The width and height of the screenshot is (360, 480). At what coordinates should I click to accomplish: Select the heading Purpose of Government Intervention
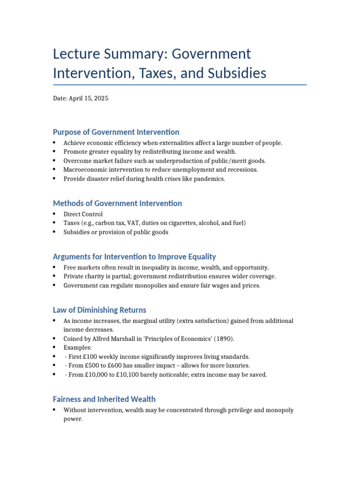[116, 132]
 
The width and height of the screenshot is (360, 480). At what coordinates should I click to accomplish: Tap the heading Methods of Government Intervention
[117, 203]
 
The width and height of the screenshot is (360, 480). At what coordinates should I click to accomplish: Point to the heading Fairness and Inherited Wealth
[104, 399]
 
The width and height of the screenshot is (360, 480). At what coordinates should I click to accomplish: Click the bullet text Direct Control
[83, 214]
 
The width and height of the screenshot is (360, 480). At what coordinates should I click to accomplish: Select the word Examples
[78, 347]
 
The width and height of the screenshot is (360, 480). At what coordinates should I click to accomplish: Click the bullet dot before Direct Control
[55, 214]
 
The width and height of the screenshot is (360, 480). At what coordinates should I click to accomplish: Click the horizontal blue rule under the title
[180, 85]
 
